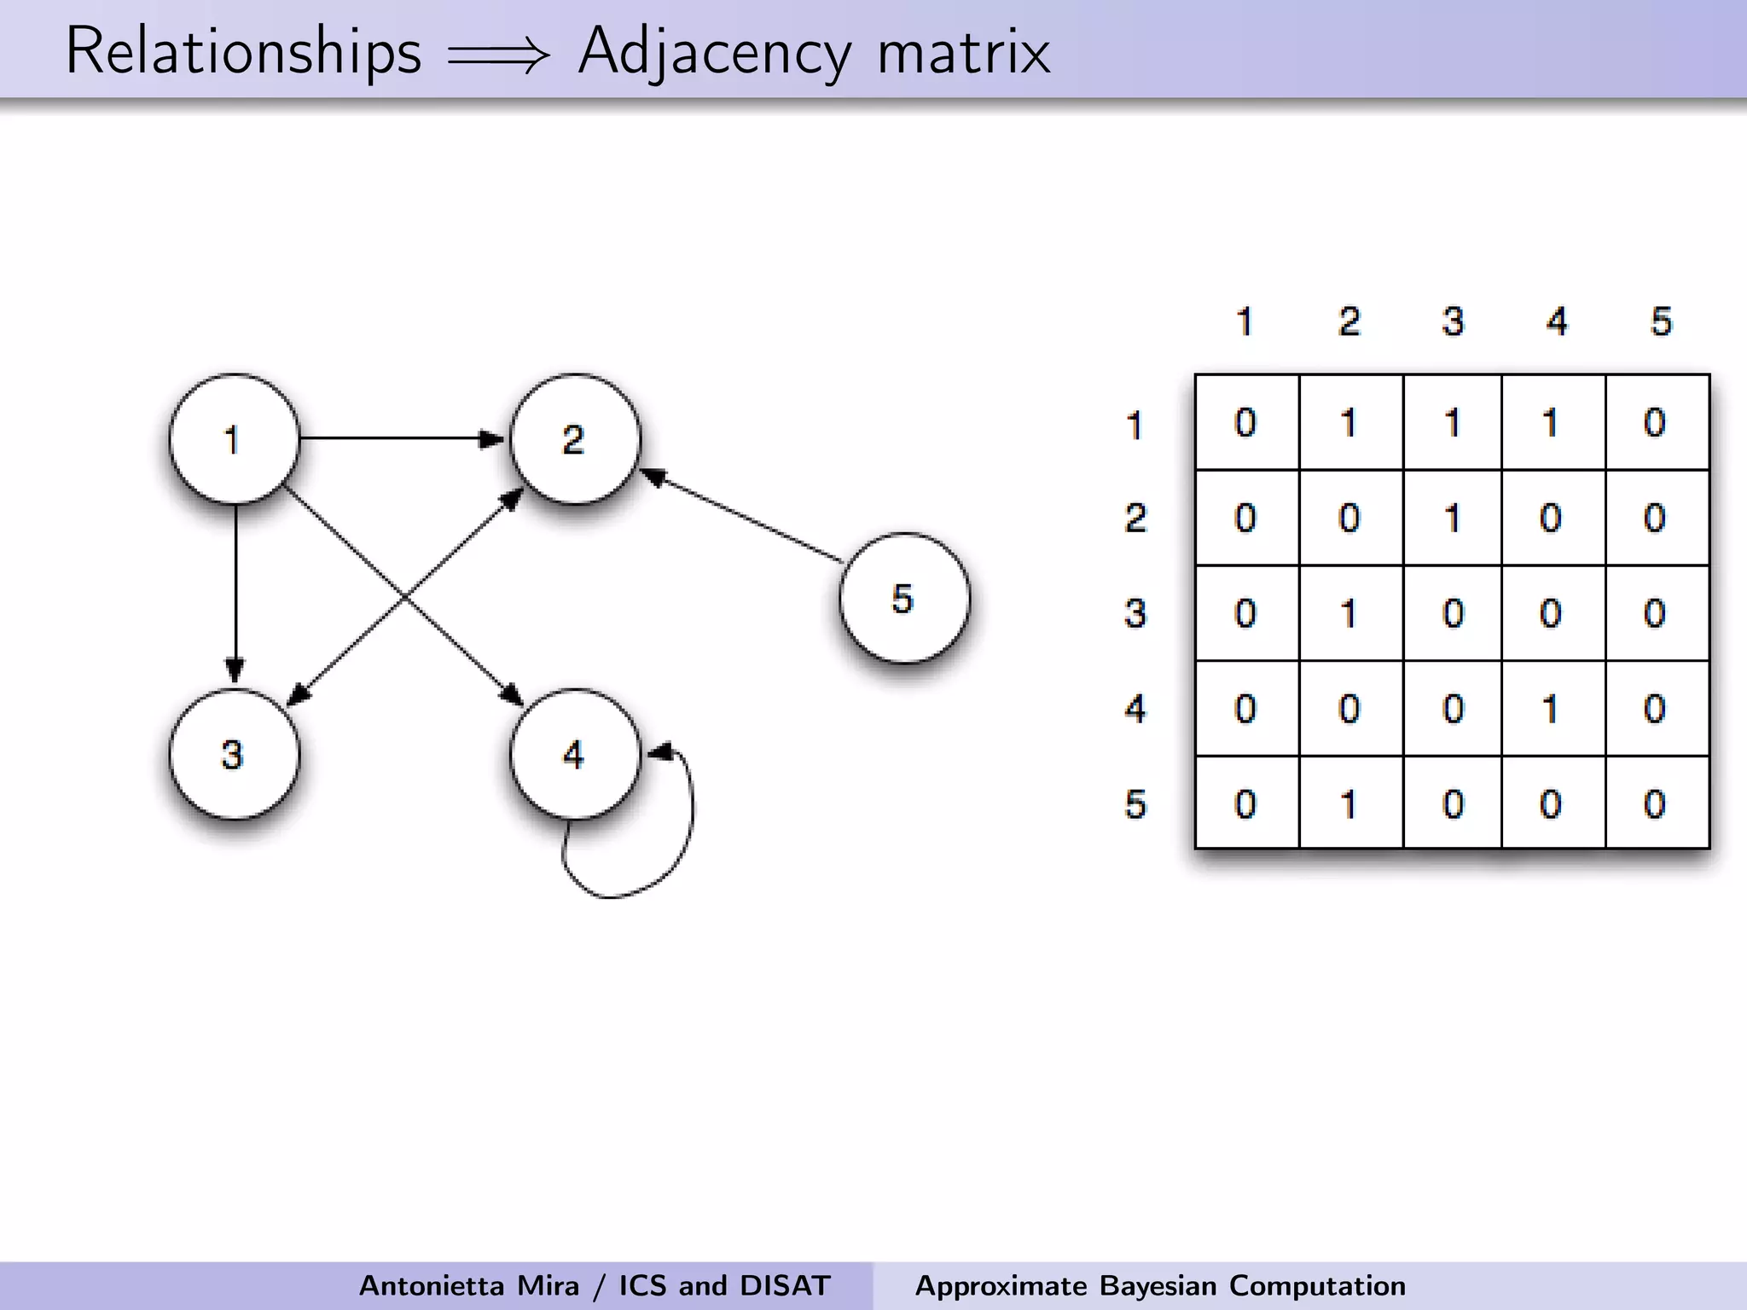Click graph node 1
[234, 439]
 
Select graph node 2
[574, 439]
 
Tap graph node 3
[234, 755]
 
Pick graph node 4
[574, 755]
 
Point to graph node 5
[903, 598]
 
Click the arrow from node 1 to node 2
[401, 438]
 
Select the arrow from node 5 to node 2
[742, 517]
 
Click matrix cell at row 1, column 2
[1349, 423]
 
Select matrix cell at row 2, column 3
[1453, 518]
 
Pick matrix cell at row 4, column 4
[1552, 709]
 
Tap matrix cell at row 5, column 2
[1349, 803]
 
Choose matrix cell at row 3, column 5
[1656, 613]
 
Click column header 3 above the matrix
[1453, 322]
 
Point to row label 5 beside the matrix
[1135, 803]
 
